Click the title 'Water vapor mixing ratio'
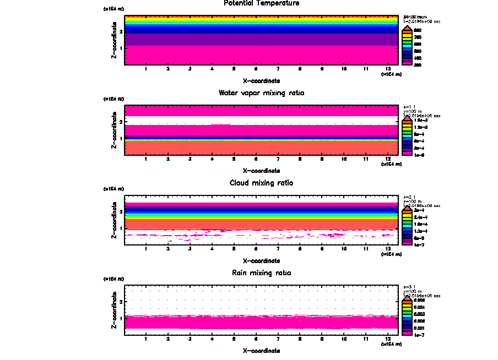(262, 93)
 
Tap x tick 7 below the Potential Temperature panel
(278, 69)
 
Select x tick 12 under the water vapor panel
(388, 159)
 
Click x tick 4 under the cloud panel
(212, 249)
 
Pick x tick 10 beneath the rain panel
(344, 339)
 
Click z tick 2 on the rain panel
(121, 302)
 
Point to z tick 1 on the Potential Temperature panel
(121, 48)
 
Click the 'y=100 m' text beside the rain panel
(412, 291)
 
